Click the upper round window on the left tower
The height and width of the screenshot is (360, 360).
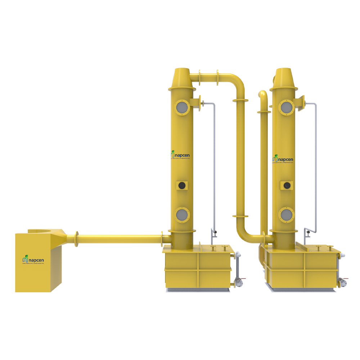[x=182, y=107]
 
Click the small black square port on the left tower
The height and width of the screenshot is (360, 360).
[x=182, y=185]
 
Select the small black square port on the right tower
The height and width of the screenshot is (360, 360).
[x=287, y=185]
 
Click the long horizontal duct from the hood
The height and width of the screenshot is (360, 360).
[x=119, y=238]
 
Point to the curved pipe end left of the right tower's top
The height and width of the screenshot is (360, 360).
[x=263, y=95]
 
